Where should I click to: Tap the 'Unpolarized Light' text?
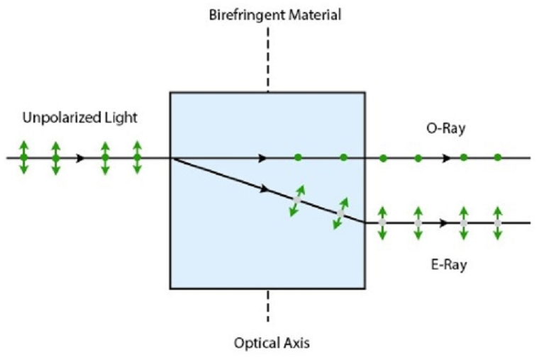(x=79, y=118)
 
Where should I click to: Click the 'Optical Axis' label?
(x=272, y=343)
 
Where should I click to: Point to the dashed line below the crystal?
(x=267, y=305)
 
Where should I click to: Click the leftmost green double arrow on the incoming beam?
(x=23, y=157)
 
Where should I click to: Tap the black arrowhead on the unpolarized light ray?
(x=82, y=157)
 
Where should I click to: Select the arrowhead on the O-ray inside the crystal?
(x=263, y=157)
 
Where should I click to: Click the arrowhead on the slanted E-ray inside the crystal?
(x=265, y=190)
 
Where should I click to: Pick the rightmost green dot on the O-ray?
(x=498, y=157)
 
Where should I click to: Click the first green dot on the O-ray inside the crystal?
(x=298, y=157)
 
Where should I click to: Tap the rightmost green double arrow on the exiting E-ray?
(x=498, y=223)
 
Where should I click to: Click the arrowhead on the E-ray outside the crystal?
(x=444, y=223)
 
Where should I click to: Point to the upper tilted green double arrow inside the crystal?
(x=298, y=201)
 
